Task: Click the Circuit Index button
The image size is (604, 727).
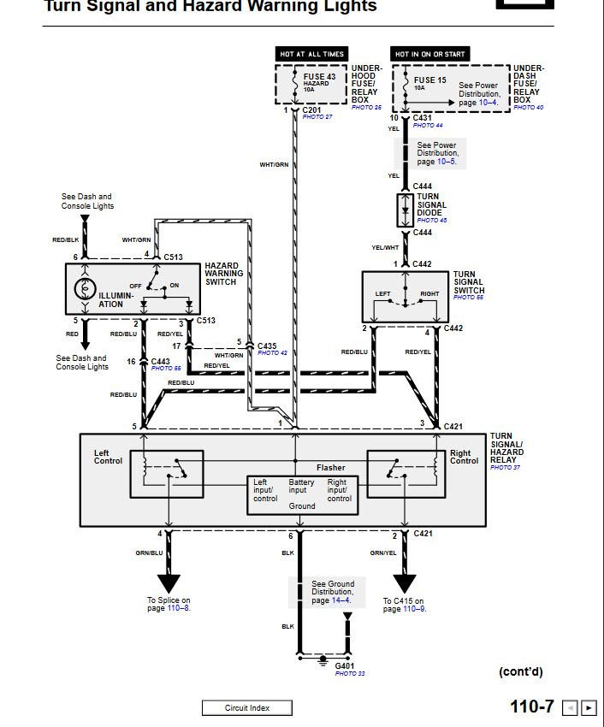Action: tap(247, 707)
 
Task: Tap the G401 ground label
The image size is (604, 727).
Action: tap(345, 665)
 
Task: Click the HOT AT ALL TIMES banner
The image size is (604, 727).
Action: tap(311, 54)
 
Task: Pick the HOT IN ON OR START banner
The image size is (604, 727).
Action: tap(430, 54)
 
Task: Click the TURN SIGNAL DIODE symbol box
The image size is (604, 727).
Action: tap(405, 210)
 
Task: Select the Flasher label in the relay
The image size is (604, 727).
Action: tap(331, 468)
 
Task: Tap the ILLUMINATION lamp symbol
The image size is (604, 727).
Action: tap(85, 288)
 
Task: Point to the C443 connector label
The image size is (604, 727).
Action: tap(161, 361)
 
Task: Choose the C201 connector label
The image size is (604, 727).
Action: tap(312, 109)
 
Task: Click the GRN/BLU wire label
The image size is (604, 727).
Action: tap(149, 553)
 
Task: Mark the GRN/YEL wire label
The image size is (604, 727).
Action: tap(382, 553)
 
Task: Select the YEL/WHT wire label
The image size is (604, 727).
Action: tap(385, 248)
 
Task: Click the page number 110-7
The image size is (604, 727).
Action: tap(532, 706)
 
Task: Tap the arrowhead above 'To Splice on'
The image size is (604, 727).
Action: tap(169, 583)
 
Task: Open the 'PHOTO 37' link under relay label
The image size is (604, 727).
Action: tap(505, 468)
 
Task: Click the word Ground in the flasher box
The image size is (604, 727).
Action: tap(302, 506)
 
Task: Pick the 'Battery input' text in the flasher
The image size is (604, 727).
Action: tap(302, 487)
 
